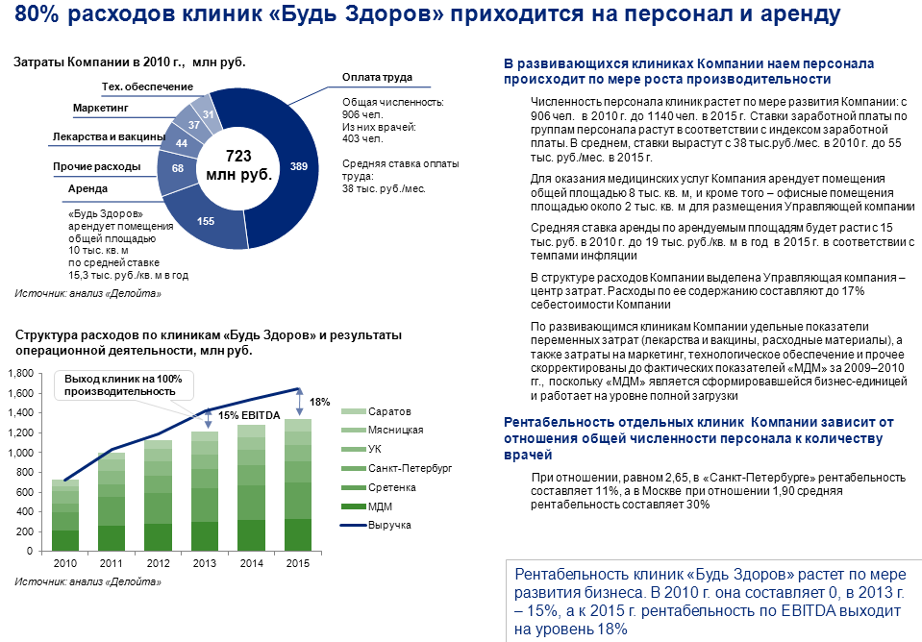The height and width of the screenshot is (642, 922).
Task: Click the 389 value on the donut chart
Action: (299, 167)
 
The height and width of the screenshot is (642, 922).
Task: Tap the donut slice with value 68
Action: (178, 168)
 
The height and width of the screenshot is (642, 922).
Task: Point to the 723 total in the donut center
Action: (237, 155)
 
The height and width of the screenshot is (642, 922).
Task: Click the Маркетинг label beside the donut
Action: (103, 109)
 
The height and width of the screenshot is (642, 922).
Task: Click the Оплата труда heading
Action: (377, 77)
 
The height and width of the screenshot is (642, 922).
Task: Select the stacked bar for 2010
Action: (65, 515)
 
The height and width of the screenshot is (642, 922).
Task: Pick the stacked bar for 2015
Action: (299, 485)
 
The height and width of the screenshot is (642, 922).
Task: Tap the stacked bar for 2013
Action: (206, 491)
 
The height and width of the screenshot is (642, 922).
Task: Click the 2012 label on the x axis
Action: (159, 563)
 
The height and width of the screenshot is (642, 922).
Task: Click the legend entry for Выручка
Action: (389, 525)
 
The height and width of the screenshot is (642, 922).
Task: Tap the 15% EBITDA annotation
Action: (249, 415)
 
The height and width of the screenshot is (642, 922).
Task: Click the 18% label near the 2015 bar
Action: (319, 402)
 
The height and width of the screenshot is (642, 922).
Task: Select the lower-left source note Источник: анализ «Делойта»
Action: (87, 582)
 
